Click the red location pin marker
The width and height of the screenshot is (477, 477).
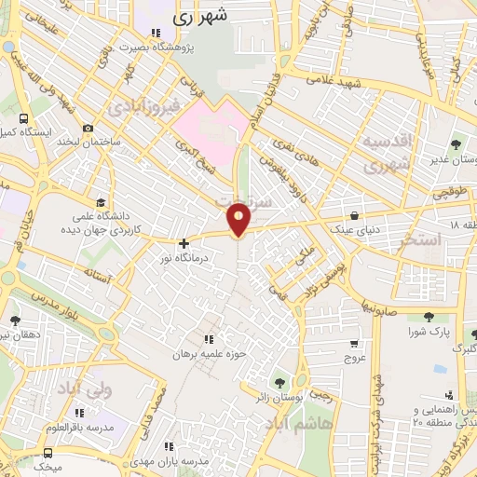[239, 221]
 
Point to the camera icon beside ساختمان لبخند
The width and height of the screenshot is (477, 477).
[88, 128]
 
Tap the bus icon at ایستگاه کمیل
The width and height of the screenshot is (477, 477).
[23, 119]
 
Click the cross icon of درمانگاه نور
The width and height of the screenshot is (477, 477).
[184, 242]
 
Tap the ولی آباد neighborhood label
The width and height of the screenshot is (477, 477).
[82, 387]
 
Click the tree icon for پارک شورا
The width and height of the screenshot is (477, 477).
[428, 317]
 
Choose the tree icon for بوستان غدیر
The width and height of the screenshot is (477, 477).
[456, 144]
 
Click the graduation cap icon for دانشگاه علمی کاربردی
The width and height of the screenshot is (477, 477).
[101, 201]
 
